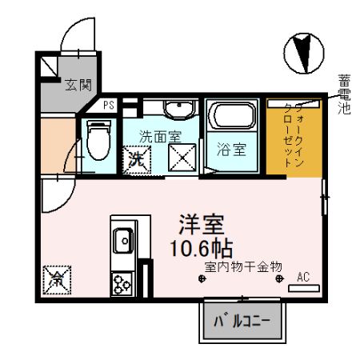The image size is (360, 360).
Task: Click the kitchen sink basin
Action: [x=123, y=238]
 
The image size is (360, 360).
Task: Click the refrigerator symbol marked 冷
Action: [x=58, y=280]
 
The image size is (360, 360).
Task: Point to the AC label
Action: [x=303, y=277]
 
